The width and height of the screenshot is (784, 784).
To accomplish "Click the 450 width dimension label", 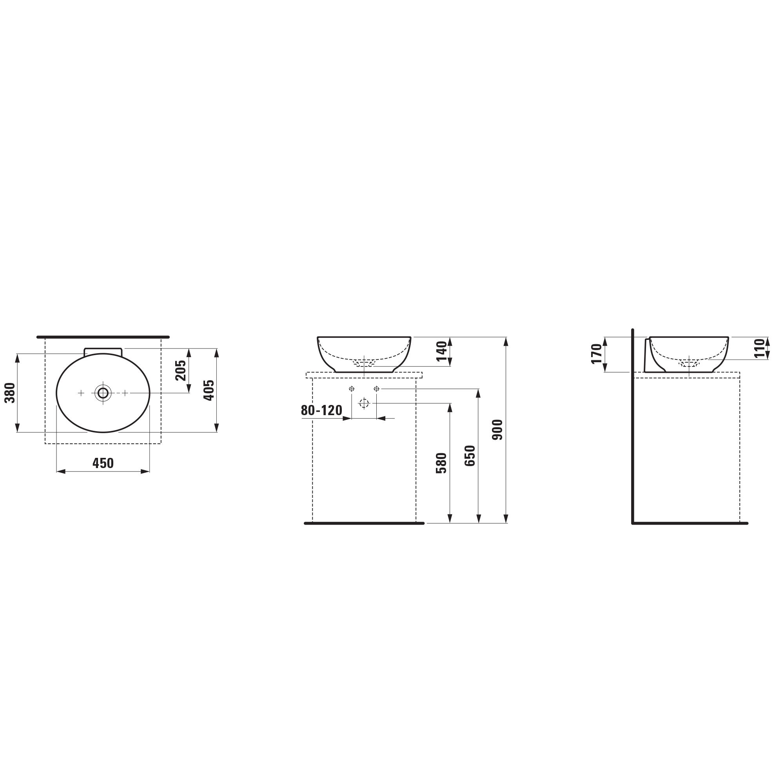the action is coord(103,463).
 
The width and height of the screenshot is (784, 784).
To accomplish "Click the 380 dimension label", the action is coord(10,393).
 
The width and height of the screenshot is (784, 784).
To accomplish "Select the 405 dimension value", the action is coord(209,390).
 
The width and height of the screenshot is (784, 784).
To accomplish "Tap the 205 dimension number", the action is coord(181,370).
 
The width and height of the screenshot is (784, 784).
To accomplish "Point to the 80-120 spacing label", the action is coord(321,410).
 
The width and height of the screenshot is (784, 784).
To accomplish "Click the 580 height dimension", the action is coord(441,463).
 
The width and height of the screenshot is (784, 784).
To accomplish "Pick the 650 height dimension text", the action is coord(470,456).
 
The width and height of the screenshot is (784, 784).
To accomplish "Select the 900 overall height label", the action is coord(497,430).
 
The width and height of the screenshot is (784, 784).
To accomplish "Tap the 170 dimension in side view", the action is coord(597,354).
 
